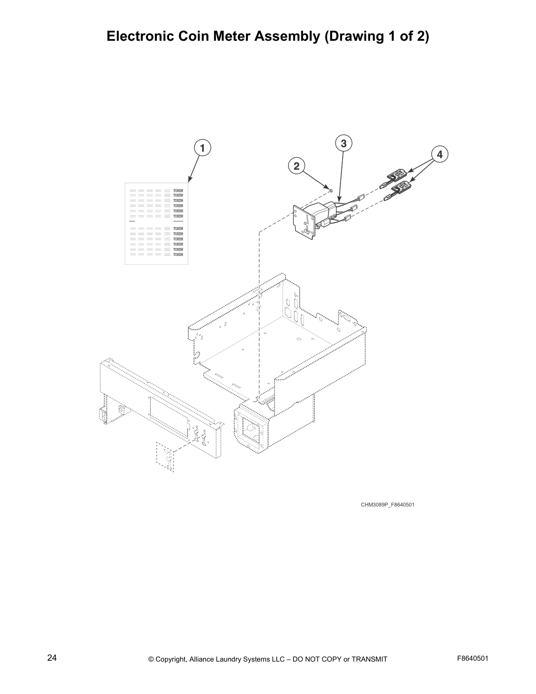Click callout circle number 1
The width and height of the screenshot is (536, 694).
tap(202, 148)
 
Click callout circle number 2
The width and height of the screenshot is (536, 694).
tap(296, 166)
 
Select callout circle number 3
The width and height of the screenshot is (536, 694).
tap(344, 143)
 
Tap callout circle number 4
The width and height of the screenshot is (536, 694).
tap(440, 154)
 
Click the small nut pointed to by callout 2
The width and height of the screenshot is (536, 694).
tap(331, 191)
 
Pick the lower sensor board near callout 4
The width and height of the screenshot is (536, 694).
tap(401, 189)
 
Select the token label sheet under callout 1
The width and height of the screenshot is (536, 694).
tap(156, 223)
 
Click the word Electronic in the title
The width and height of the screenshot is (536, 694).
tap(139, 36)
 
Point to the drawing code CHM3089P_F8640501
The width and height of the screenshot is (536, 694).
tap(387, 505)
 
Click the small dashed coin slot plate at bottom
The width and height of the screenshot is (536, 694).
tap(165, 457)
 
